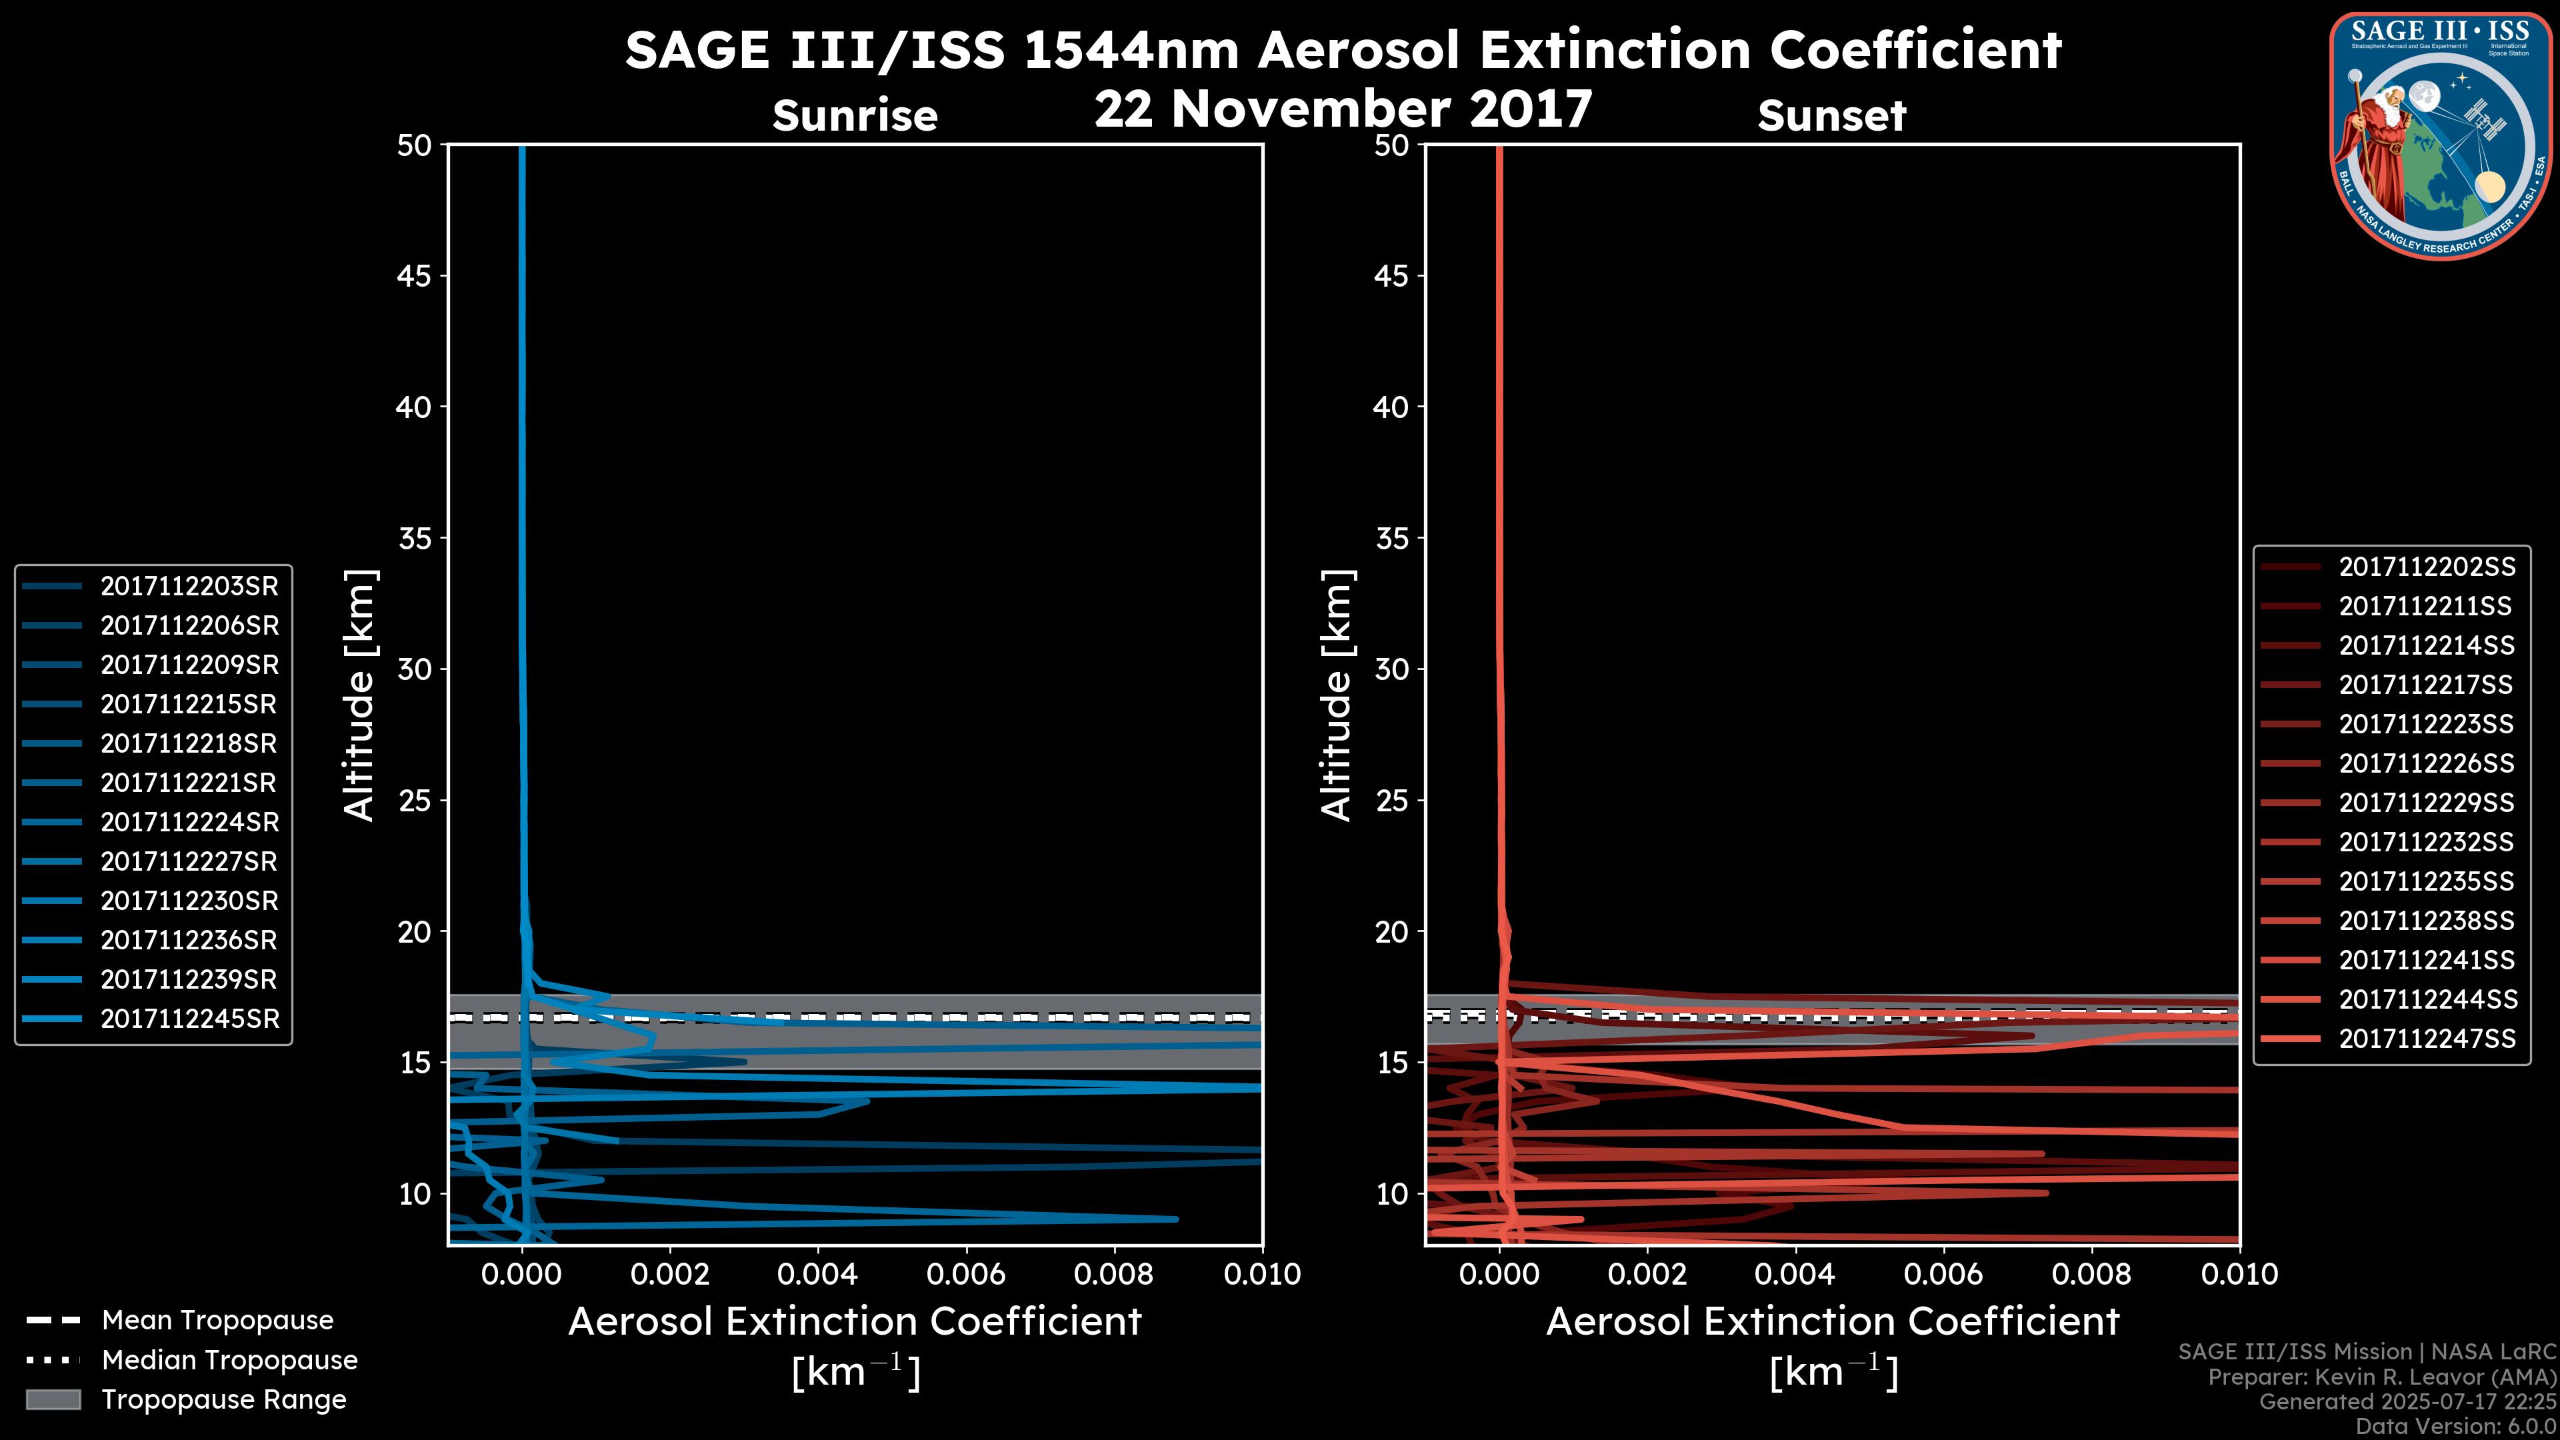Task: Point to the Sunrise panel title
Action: (x=855, y=116)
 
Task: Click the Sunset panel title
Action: (x=1831, y=116)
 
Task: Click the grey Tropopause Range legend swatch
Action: (x=53, y=1400)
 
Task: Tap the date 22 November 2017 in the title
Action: (x=1343, y=109)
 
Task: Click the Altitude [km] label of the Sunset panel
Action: (x=1337, y=695)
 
